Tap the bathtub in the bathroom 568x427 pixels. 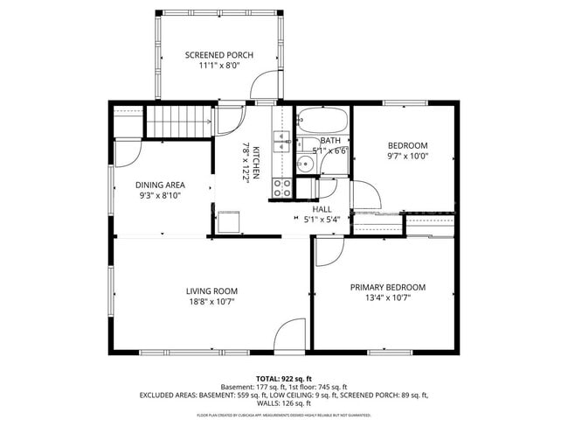pos(322,119)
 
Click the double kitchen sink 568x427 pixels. pos(281,141)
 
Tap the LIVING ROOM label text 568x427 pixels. pos(211,291)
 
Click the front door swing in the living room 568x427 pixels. pos(288,336)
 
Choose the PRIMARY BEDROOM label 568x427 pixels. pos(387,287)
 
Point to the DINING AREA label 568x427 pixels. pos(160,185)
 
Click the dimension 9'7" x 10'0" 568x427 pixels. pos(408,157)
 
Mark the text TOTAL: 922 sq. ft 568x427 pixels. pos(284,377)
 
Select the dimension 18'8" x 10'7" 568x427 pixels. pos(211,302)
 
